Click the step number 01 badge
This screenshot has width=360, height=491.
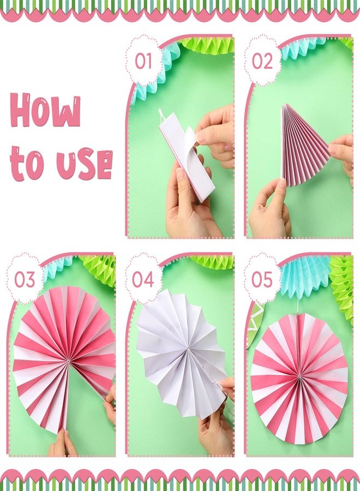pos(143,61)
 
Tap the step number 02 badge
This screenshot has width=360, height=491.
pos(262,61)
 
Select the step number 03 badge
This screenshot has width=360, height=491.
pos(25,279)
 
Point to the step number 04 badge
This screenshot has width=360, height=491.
pos(143,279)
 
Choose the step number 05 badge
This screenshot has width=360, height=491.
pos(262,279)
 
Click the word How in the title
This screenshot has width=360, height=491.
pos(46,110)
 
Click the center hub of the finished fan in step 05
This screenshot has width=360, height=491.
pos(299,375)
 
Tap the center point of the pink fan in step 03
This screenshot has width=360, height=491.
pos(68,361)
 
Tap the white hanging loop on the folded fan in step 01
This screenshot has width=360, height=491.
pos(161,115)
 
